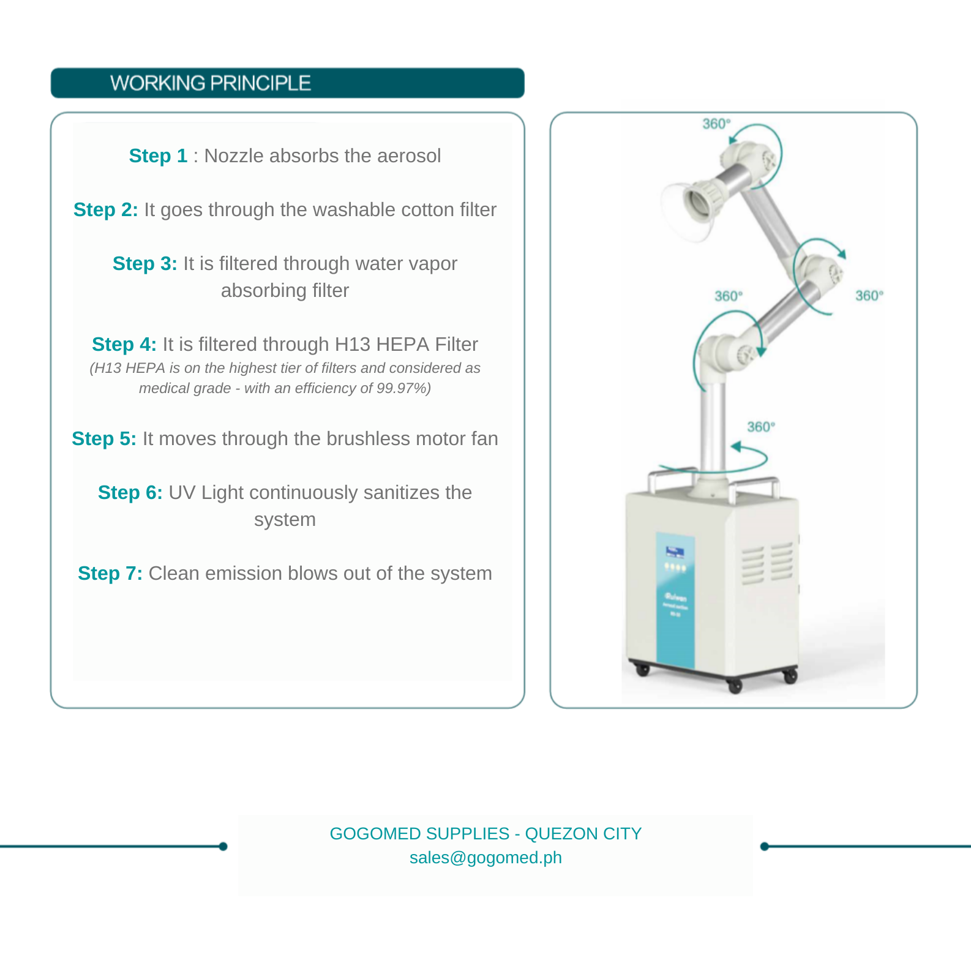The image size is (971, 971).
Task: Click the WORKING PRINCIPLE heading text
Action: coord(210,83)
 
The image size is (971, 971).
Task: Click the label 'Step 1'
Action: coord(158,156)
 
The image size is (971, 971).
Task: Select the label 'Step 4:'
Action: coord(124,345)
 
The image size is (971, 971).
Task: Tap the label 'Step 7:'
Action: coord(110,574)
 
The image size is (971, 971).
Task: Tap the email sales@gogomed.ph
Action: coord(485,858)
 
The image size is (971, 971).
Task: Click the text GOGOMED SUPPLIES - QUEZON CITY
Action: coord(485,834)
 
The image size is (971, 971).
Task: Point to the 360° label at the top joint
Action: coord(716,124)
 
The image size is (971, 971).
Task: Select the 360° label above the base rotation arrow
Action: coord(760,427)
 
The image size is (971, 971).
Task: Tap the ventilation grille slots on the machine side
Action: coord(767,563)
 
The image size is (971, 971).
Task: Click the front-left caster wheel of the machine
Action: coord(642,670)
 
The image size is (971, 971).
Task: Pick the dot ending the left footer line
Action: coord(223,847)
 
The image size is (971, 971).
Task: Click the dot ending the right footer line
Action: coord(764,847)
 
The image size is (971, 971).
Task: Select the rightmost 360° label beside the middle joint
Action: coord(869,296)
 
